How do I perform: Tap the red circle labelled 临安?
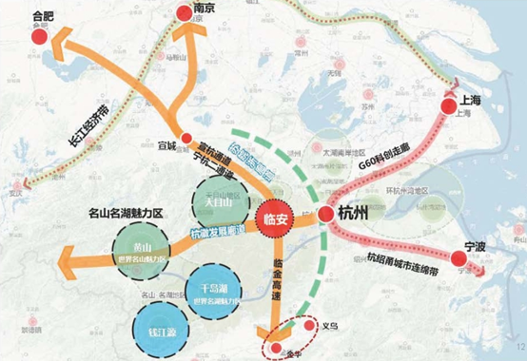(x=276, y=216)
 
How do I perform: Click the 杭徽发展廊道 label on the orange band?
(x=218, y=232)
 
